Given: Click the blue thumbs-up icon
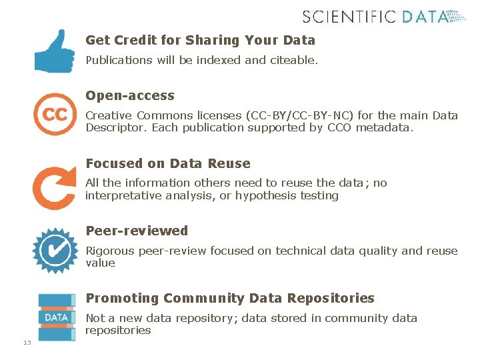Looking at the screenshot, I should coord(55,51).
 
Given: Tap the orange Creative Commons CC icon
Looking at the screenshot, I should coord(55,115).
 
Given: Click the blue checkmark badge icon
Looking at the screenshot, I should coord(55,251).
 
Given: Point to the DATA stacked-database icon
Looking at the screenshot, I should coord(56,317).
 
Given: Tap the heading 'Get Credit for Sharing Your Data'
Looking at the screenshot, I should coord(200,40).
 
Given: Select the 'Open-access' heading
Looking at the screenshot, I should coord(130,95).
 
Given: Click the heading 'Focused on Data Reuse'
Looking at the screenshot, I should coord(168,163).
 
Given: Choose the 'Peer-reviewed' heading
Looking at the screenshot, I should coord(137,231).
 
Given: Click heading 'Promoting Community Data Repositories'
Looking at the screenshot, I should coord(230,298).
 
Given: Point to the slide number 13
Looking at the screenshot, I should coord(27,343).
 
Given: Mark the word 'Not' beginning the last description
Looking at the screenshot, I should coord(95,318).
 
